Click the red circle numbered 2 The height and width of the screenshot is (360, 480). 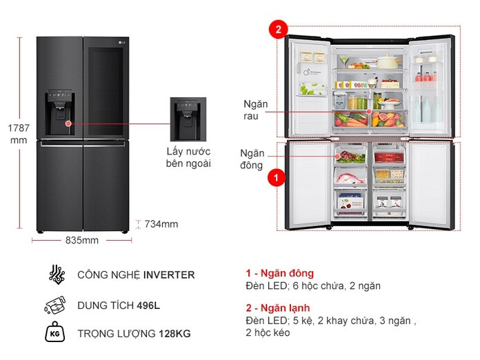(278, 30)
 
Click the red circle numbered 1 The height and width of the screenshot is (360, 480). (277, 177)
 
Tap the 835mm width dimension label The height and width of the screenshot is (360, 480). (82, 240)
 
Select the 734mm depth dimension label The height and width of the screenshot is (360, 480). (161, 224)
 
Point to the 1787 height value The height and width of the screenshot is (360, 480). (19, 128)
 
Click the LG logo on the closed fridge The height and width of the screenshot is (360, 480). (122, 42)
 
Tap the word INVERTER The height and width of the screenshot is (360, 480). (169, 275)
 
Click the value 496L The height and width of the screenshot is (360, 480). (148, 306)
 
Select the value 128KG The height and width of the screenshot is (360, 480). (174, 334)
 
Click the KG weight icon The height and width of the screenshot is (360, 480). (54, 332)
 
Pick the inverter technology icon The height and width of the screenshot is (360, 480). (57, 274)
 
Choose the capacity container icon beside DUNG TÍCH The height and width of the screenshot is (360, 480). (55, 305)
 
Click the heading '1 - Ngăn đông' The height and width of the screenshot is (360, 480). (280, 273)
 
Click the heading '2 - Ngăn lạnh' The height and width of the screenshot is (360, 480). (278, 308)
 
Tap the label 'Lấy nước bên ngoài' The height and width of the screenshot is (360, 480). (188, 157)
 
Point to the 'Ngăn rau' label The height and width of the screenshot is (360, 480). (256, 110)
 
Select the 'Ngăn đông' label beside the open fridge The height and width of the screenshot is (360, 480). (252, 159)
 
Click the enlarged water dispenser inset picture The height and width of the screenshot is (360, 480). (188, 119)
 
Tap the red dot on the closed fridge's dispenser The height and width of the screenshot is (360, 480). (68, 123)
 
